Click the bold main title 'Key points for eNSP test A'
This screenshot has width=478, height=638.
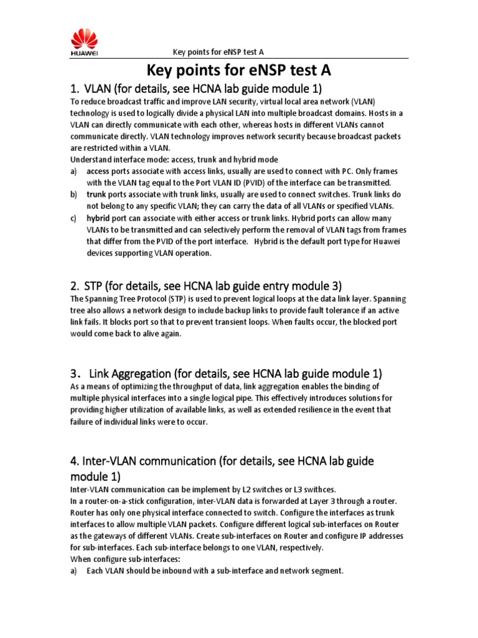tap(238, 69)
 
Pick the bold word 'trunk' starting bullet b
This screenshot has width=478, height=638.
tap(95, 195)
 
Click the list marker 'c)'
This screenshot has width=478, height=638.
tap(73, 219)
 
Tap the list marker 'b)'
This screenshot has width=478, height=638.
tap(73, 195)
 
